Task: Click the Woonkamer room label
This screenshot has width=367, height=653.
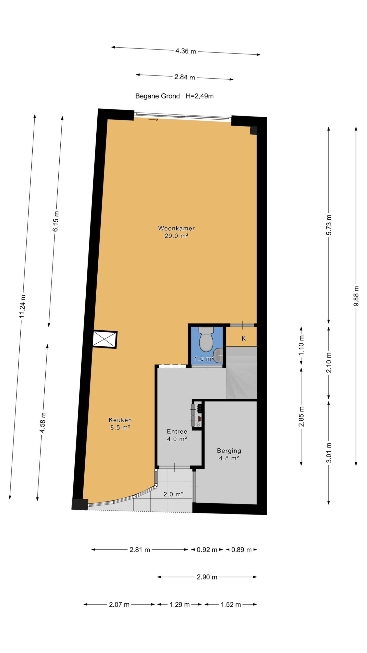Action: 176,228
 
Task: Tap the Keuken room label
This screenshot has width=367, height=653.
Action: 120,420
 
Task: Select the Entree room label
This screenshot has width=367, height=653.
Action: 177,431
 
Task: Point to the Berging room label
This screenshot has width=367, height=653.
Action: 229,451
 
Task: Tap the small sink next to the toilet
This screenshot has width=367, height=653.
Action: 218,355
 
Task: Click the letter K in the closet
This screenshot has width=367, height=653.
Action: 244,338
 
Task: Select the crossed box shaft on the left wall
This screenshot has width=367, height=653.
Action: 104,340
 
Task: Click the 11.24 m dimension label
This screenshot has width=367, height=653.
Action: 23,306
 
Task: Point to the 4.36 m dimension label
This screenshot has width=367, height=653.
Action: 186,51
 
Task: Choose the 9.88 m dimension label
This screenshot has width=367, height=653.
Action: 356,296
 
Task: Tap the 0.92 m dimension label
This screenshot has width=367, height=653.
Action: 207,550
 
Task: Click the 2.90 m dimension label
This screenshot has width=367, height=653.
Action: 207,577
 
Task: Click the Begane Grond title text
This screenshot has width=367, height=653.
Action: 158,96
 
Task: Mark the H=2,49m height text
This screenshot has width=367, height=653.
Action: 200,96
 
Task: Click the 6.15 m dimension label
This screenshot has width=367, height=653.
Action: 56,221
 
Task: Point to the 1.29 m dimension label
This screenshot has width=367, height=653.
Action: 180,604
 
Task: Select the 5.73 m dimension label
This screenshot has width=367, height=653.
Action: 329,225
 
